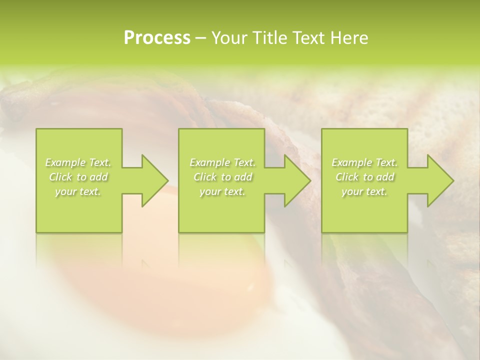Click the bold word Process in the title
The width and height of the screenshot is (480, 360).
(x=157, y=38)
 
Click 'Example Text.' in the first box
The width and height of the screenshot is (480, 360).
(x=78, y=162)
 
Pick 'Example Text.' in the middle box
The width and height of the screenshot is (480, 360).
(x=222, y=162)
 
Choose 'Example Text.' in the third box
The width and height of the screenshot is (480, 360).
(x=364, y=162)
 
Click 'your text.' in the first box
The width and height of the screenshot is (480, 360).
(x=78, y=191)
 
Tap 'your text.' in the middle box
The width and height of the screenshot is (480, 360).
(x=222, y=191)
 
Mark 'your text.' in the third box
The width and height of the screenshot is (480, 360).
(x=364, y=191)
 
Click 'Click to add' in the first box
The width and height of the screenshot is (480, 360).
(x=78, y=177)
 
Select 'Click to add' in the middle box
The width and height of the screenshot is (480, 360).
(x=222, y=177)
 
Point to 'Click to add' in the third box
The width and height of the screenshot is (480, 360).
(x=364, y=177)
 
